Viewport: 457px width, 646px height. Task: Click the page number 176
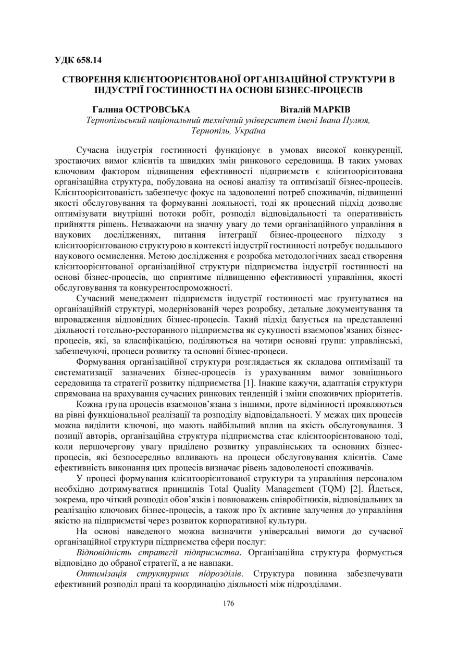(228, 603)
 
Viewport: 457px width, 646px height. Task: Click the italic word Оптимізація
(103, 574)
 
